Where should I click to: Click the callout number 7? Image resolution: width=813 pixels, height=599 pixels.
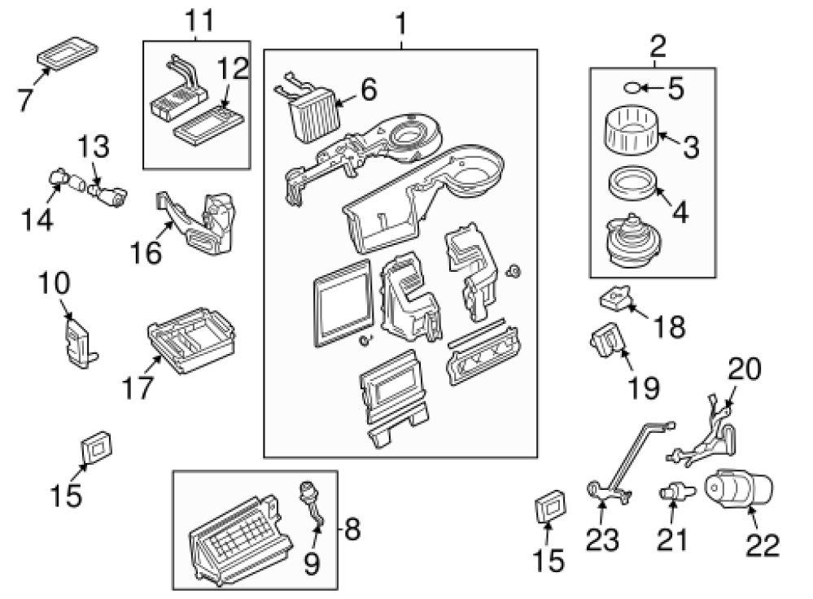[26, 98]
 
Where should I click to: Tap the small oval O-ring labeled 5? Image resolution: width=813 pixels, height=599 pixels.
[634, 86]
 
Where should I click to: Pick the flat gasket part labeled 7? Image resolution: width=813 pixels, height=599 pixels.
[68, 52]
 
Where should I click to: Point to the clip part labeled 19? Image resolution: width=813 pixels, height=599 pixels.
[607, 342]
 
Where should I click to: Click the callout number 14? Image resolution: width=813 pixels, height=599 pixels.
[37, 218]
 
